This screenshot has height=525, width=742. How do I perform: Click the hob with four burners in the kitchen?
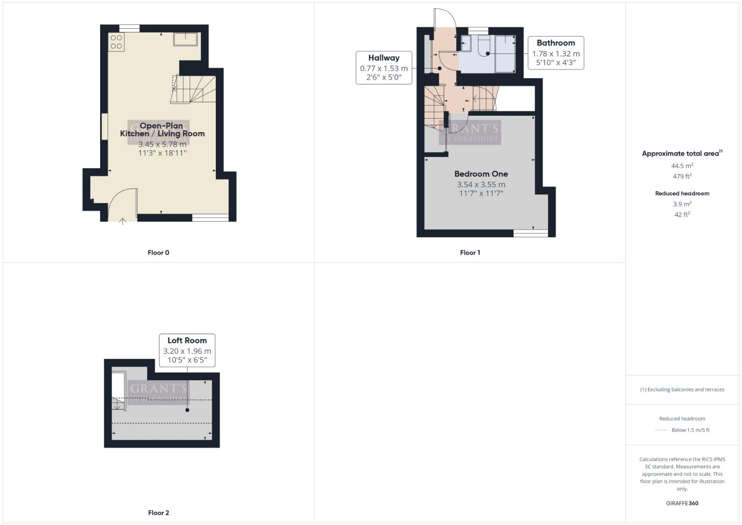[116, 42]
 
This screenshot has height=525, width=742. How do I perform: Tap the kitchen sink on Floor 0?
[186, 39]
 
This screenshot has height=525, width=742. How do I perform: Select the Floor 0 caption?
[158, 253]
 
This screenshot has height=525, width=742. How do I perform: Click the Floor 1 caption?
[470, 253]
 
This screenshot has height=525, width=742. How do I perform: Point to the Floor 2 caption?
[158, 513]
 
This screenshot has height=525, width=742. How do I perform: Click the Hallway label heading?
[383, 58]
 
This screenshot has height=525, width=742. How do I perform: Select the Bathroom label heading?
[555, 43]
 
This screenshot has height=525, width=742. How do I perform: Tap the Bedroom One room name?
[481, 174]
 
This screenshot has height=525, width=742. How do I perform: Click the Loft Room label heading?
[187, 341]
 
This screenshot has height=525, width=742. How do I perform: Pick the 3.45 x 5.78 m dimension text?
[162, 144]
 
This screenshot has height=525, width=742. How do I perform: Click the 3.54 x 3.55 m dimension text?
[481, 185]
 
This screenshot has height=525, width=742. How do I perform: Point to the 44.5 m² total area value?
[682, 166]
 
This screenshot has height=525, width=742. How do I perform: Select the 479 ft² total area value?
[682, 176]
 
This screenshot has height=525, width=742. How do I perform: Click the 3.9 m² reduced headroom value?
[682, 204]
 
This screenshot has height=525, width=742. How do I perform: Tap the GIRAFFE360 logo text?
[682, 503]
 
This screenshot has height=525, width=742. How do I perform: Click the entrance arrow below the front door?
[123, 222]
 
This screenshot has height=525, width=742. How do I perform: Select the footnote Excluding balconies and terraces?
[682, 389]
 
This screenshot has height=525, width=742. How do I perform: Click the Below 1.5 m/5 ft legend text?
[690, 430]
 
